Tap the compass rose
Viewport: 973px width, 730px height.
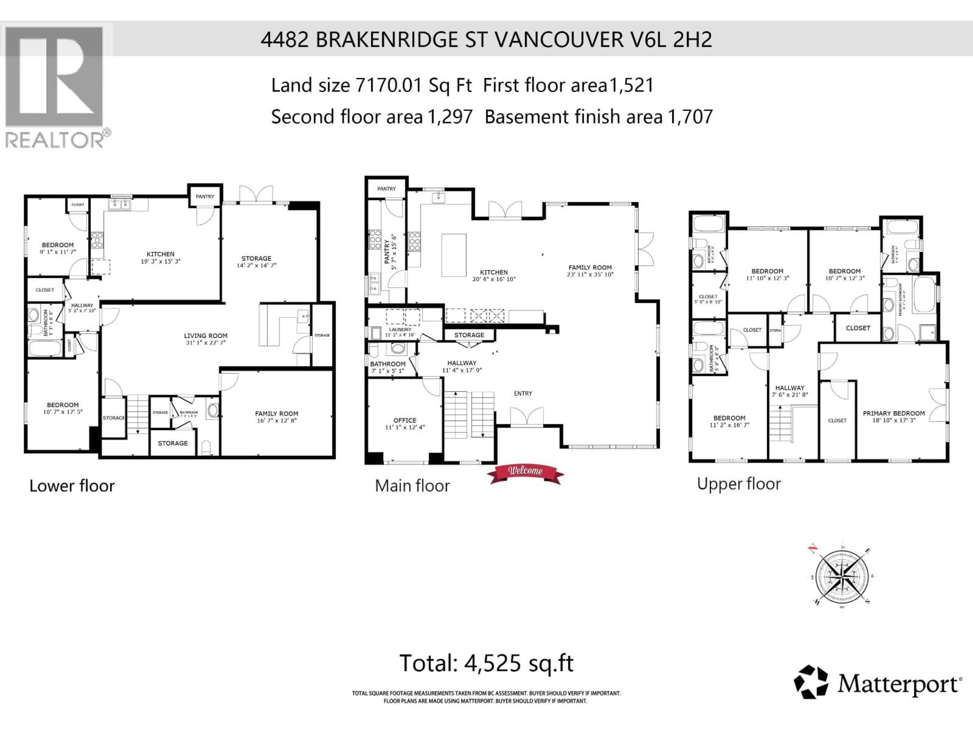pyautogui.click(x=840, y=576)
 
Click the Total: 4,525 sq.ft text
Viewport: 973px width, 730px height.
pyautogui.click(x=486, y=663)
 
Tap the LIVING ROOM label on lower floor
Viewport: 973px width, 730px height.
pyautogui.click(x=205, y=336)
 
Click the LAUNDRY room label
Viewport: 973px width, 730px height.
pyautogui.click(x=400, y=330)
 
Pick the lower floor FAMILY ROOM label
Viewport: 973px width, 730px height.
pyautogui.click(x=276, y=414)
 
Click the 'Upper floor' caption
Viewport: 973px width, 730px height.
pyautogui.click(x=739, y=484)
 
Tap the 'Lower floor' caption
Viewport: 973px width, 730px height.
pyautogui.click(x=72, y=486)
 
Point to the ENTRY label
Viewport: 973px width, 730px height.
pyautogui.click(x=522, y=393)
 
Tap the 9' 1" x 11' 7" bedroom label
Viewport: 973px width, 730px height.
pyautogui.click(x=58, y=245)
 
